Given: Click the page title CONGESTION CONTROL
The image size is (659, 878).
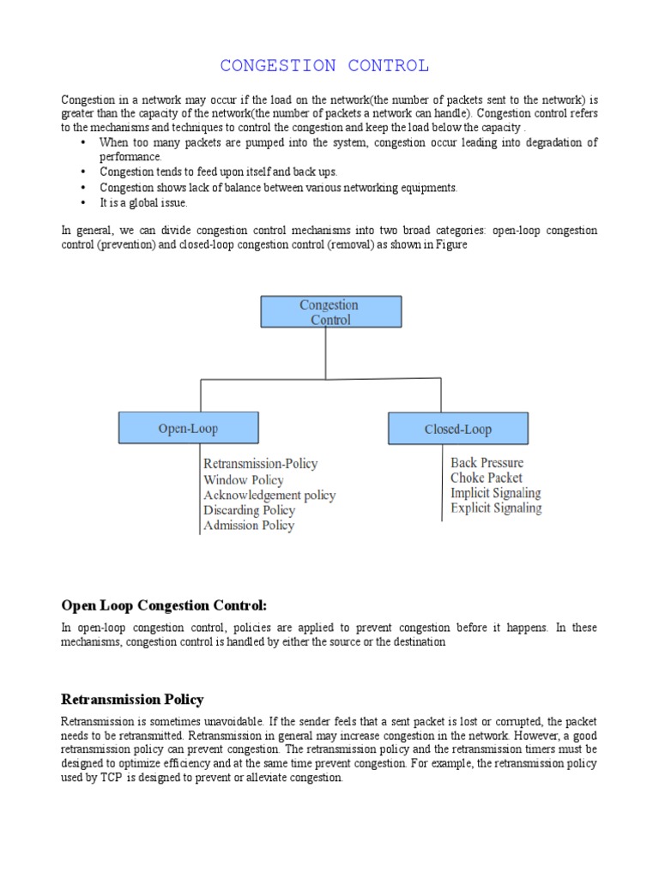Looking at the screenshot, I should pos(324,66).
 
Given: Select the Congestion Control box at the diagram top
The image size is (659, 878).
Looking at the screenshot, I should pos(330,311).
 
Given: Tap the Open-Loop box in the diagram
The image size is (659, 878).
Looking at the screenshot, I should pos(188,428).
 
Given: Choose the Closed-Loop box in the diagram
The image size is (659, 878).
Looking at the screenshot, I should pos(458,429).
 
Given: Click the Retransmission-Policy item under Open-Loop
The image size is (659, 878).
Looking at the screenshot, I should pos(260,464).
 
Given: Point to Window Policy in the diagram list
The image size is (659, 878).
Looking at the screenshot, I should pos(244,480).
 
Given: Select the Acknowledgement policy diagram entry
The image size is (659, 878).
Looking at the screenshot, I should pos(269,496).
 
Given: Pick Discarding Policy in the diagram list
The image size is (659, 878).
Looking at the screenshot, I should pos(249,510).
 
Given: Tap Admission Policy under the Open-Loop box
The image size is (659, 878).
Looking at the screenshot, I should pos(249,526).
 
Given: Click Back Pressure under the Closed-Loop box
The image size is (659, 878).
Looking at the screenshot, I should pos(487,463).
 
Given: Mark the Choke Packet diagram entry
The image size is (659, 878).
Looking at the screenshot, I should pos(487,478).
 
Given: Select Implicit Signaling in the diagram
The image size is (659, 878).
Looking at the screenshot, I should pos(496,493).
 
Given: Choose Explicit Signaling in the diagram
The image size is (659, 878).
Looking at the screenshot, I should pos(496,508).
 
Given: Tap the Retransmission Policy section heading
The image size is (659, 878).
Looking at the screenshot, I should pos(132,700).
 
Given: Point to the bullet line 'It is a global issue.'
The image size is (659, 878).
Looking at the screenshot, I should pos(142,203).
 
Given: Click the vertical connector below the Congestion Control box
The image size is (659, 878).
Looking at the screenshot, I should pos(325,352).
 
